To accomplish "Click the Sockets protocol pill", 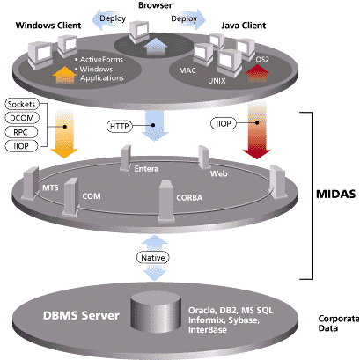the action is (22, 104).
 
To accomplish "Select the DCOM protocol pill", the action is (22, 118).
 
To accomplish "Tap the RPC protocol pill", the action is (21, 132).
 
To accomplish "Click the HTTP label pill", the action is (120, 126).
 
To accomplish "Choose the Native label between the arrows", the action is (153, 258).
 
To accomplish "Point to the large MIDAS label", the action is (335, 194).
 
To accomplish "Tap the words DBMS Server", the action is (81, 315).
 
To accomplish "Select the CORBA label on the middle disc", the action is (189, 198).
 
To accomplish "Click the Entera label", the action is (146, 169).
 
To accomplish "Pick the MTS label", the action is (50, 187).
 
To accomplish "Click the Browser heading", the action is (155, 5).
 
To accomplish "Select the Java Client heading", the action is (244, 26).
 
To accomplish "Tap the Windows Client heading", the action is (48, 26).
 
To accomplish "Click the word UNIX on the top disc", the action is (217, 81).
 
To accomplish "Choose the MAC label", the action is (187, 70).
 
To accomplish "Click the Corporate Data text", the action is (339, 323).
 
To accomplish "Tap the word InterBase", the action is (208, 330).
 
